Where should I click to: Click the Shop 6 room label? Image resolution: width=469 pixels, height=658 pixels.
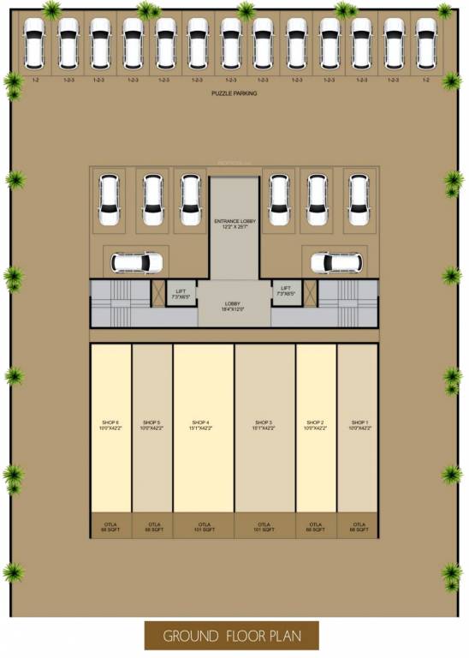click(x=111, y=425)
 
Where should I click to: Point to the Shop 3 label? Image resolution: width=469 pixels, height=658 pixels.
click(x=264, y=425)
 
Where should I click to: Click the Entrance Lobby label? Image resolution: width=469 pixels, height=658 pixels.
click(x=234, y=224)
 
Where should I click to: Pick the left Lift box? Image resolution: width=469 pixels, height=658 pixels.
click(x=181, y=292)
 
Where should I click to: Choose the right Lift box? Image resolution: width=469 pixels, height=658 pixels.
click(x=285, y=292)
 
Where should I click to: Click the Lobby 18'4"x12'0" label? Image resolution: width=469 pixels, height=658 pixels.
click(x=234, y=308)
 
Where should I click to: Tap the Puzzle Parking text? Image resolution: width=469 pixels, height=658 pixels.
click(x=234, y=93)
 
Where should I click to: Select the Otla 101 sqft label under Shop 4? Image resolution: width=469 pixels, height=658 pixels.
click(x=204, y=527)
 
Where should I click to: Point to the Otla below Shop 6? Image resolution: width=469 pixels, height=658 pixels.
click(x=111, y=527)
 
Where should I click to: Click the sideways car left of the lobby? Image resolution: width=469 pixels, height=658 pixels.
click(x=136, y=261)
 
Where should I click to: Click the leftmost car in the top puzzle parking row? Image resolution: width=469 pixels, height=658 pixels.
click(x=35, y=43)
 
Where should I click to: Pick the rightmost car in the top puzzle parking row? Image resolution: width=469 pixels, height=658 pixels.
click(x=426, y=43)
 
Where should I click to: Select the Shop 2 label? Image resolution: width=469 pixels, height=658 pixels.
click(x=316, y=425)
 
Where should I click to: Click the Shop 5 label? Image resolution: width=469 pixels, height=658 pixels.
click(x=152, y=425)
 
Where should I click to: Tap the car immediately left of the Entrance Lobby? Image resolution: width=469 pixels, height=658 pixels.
click(x=190, y=200)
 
